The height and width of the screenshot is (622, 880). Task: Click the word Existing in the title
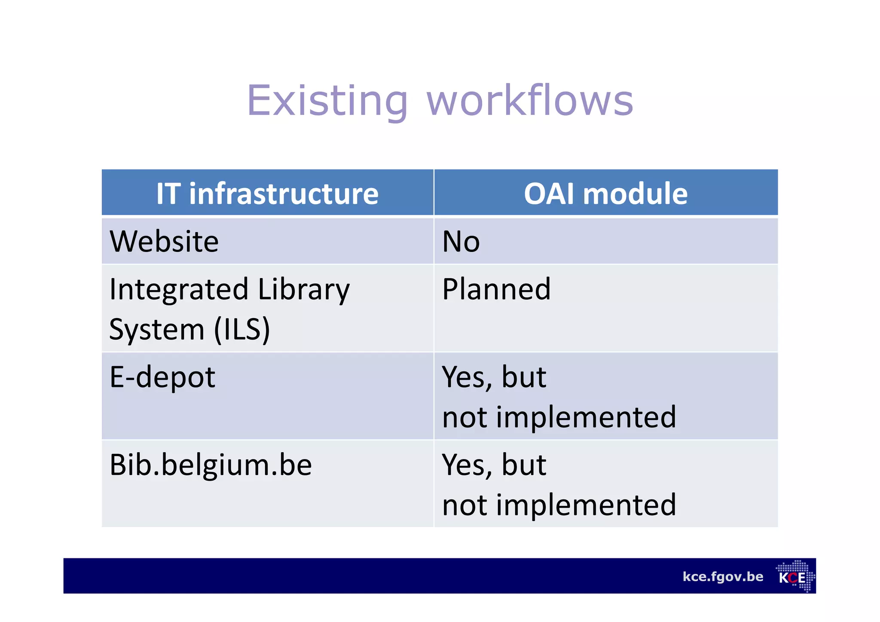click(327, 101)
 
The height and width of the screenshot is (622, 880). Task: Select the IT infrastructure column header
click(267, 193)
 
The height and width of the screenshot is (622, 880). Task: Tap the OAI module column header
click(605, 193)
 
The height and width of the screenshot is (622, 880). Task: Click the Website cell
click(164, 241)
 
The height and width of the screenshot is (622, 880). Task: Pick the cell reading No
click(461, 242)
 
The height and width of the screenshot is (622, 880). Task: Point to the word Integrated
click(179, 289)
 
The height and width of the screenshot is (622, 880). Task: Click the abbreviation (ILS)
click(242, 329)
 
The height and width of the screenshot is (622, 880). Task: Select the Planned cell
click(496, 289)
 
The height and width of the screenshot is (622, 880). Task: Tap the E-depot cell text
click(162, 377)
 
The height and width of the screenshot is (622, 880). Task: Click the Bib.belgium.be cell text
click(211, 465)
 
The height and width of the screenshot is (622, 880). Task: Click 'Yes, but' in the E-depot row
click(494, 377)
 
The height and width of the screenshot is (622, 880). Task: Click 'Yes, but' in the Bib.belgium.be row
click(494, 465)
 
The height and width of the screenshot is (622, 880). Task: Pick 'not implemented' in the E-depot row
click(559, 417)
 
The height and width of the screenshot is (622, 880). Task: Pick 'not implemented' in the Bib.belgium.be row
click(559, 505)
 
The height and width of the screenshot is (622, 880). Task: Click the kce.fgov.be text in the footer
click(723, 576)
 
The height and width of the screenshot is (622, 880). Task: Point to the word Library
click(304, 289)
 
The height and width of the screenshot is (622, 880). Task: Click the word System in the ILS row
click(157, 329)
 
